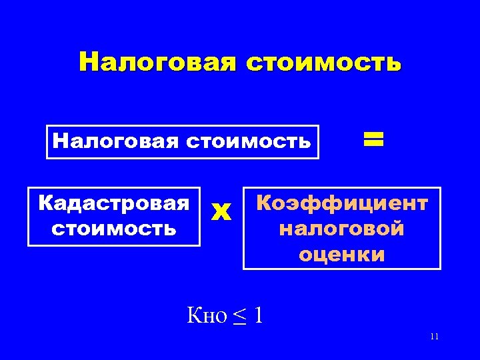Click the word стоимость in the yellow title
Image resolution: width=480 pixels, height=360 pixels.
[323, 62]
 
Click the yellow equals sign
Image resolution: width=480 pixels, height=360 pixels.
[373, 139]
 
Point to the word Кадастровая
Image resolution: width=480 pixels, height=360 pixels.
[113, 203]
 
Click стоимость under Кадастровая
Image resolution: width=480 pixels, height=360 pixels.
[113, 229]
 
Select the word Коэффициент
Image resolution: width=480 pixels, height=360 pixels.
[342, 203]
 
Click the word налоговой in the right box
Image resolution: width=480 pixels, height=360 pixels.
[342, 229]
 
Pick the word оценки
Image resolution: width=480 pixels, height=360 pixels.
[342, 254]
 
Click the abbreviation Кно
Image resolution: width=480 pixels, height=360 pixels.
[208, 315]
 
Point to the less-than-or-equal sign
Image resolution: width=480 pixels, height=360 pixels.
[239, 315]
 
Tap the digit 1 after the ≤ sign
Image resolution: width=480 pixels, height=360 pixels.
[259, 315]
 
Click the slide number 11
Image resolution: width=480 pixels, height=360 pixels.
[434, 337]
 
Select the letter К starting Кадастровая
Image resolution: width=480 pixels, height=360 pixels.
[45, 203]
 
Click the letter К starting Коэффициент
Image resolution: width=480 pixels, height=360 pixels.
[263, 203]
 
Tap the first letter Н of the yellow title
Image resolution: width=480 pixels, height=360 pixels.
[88, 62]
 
